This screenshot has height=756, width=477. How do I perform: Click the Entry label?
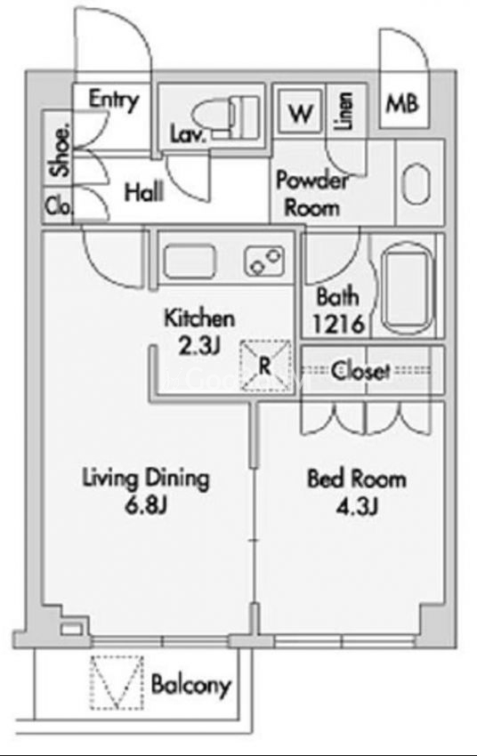point(114,101)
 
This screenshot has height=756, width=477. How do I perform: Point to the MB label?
point(402,103)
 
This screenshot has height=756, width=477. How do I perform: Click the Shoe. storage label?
point(60,150)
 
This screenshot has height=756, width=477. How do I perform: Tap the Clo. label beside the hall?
point(59,205)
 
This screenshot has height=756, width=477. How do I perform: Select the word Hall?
point(144,192)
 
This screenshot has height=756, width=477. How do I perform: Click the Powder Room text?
point(311,194)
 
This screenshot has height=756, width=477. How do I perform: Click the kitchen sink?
point(189,261)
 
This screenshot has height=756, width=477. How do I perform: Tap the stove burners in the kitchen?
point(264,261)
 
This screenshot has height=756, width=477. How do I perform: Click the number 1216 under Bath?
point(337,324)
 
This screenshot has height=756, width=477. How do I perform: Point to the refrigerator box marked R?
point(266,365)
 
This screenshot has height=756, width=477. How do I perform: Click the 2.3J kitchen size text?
point(199,346)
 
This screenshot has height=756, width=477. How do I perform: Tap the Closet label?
point(360,370)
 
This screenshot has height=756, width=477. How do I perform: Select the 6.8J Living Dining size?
point(146,506)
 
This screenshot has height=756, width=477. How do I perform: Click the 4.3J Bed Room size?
point(357,506)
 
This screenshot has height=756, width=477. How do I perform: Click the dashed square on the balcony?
point(117,683)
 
